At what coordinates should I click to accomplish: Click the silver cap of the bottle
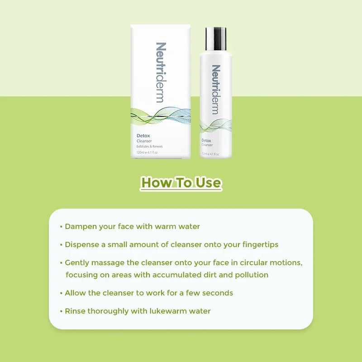point(216,38)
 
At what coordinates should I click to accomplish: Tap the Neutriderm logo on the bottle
point(216,90)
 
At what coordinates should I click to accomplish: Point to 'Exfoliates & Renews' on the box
point(149,147)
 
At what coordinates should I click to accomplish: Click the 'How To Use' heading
point(181,182)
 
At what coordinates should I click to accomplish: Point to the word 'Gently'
point(77,262)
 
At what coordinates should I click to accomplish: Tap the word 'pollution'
point(250,275)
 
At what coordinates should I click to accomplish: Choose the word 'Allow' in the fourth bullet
point(75,293)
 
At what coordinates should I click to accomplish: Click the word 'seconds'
point(217,293)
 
